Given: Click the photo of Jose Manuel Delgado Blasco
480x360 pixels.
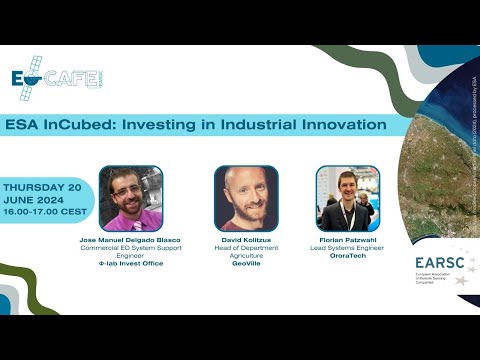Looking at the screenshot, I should tap(130, 198).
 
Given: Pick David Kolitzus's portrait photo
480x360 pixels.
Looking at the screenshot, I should tap(245, 198).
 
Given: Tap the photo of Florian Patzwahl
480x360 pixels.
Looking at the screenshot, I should tap(347, 198).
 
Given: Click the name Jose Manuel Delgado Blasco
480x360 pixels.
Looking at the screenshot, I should tap(130, 241).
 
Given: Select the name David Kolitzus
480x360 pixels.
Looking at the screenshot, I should tap(245, 241).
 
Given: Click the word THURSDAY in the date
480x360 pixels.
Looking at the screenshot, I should tap(38, 187).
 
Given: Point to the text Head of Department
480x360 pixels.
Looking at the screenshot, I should tap(245, 249).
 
